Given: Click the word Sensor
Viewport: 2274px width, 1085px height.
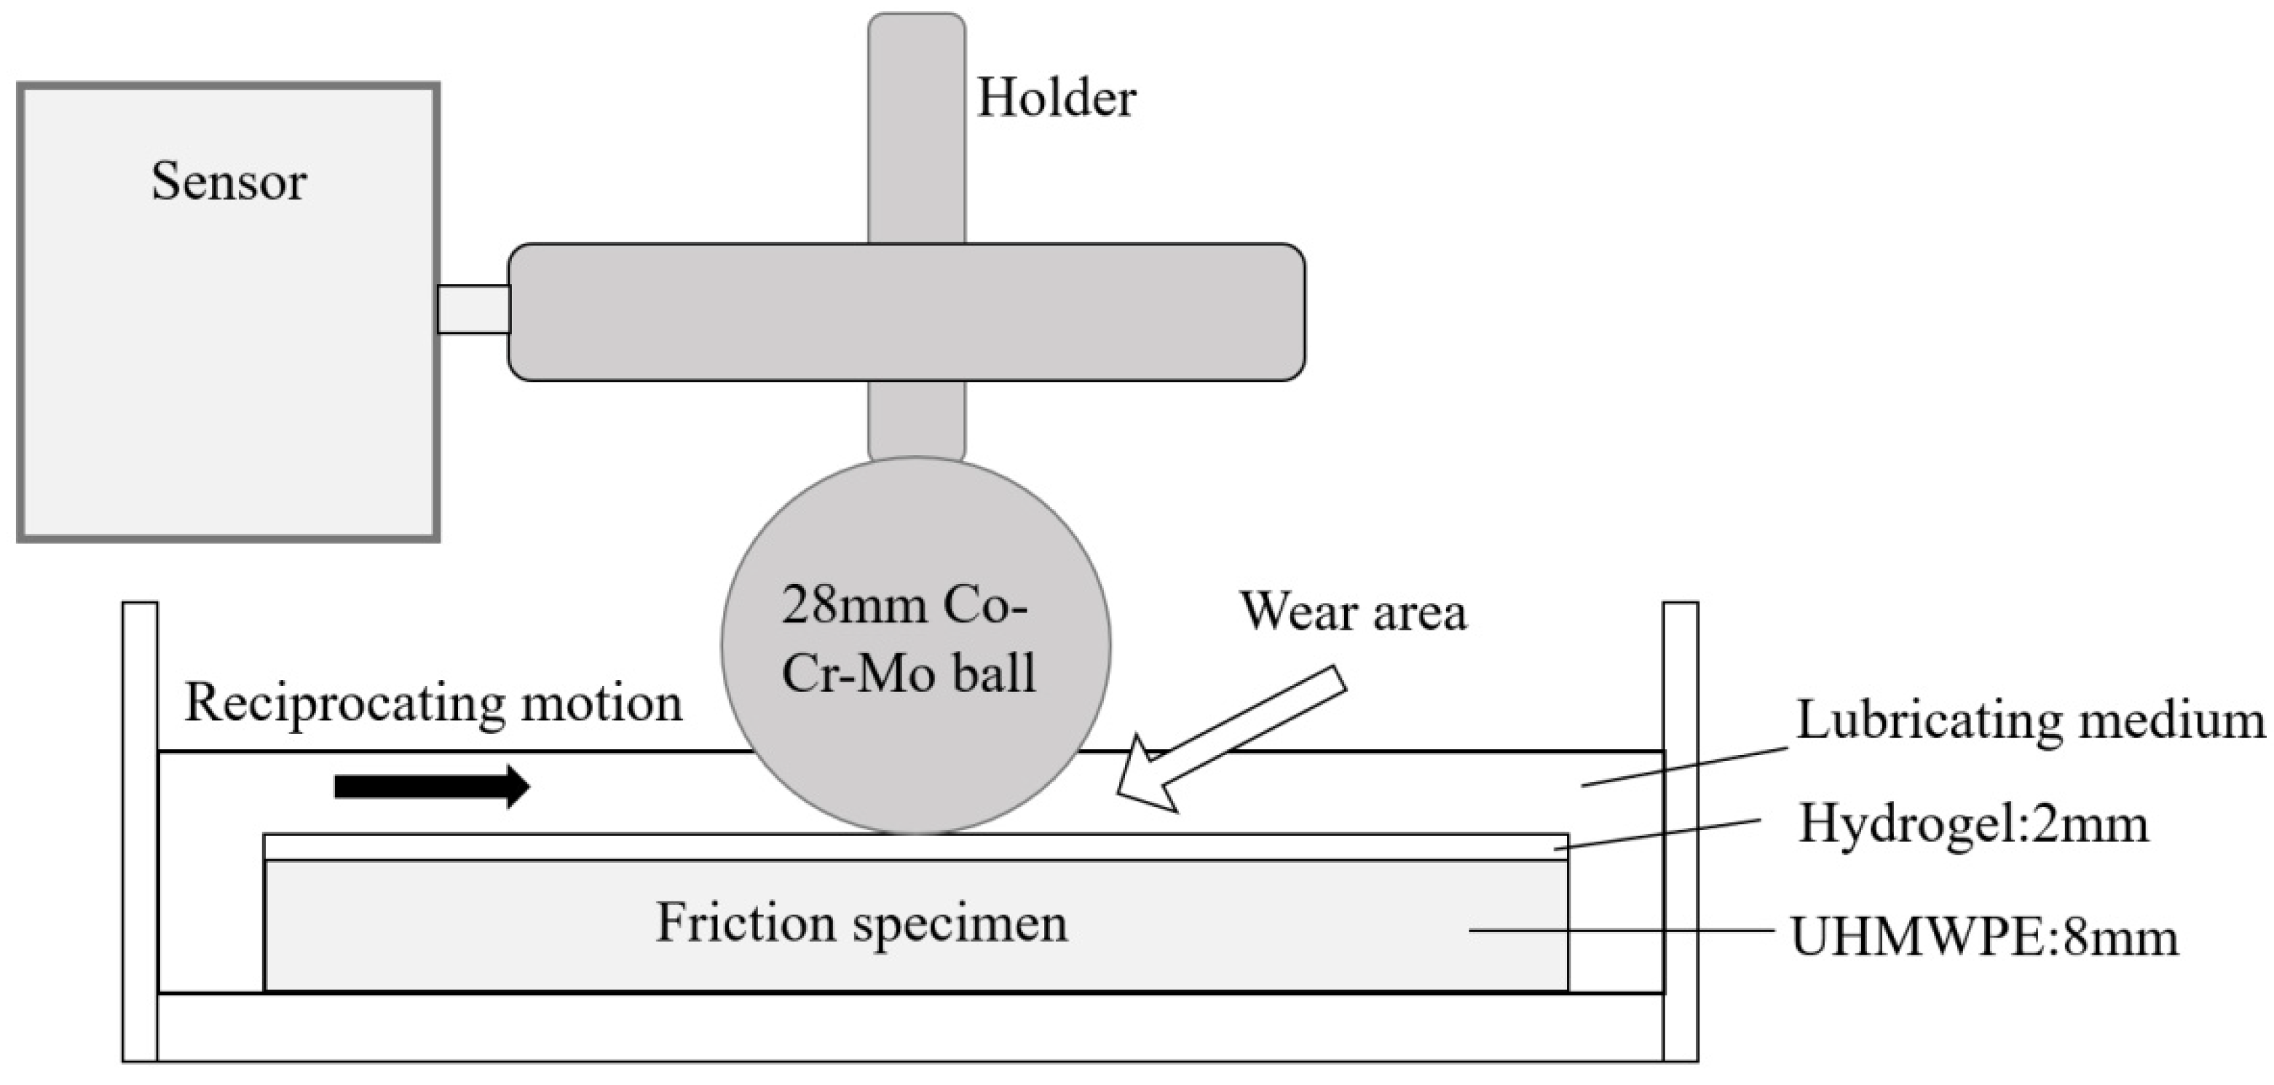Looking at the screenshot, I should click(229, 182).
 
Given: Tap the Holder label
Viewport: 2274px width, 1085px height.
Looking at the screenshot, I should click(1056, 98).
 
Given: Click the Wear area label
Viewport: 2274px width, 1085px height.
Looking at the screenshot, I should click(1352, 611).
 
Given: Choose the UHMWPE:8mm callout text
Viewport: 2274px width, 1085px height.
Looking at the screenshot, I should click(1983, 938).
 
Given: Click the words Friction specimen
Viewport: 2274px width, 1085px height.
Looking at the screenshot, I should click(861, 923).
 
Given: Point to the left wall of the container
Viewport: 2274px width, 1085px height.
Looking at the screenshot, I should click(140, 830).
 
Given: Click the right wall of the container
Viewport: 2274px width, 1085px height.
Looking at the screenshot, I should click(1680, 830).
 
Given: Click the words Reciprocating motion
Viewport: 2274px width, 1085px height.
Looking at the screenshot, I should click(433, 703).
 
